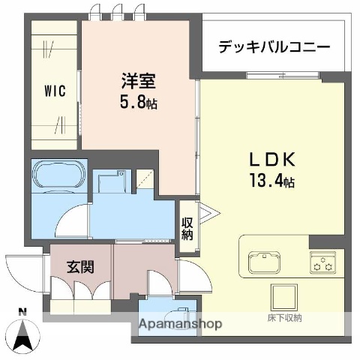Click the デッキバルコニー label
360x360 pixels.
[274, 47]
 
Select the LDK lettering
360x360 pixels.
[272, 160]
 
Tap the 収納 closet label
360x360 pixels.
[187, 227]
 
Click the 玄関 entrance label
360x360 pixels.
[79, 266]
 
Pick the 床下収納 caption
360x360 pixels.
[284, 318]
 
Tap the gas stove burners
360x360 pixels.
[325, 263]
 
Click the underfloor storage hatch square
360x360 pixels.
[284, 297]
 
